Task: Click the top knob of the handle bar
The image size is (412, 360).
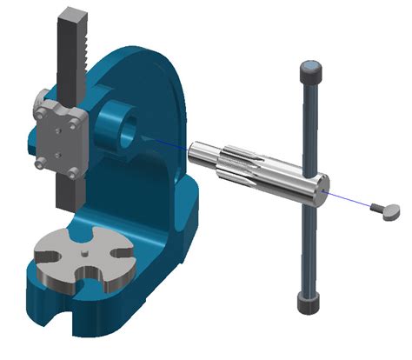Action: click(x=310, y=69)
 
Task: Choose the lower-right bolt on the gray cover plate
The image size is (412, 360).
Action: click(x=73, y=173)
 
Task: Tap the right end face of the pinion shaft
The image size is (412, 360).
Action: click(x=321, y=184)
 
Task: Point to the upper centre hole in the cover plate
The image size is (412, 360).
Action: click(x=56, y=127)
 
